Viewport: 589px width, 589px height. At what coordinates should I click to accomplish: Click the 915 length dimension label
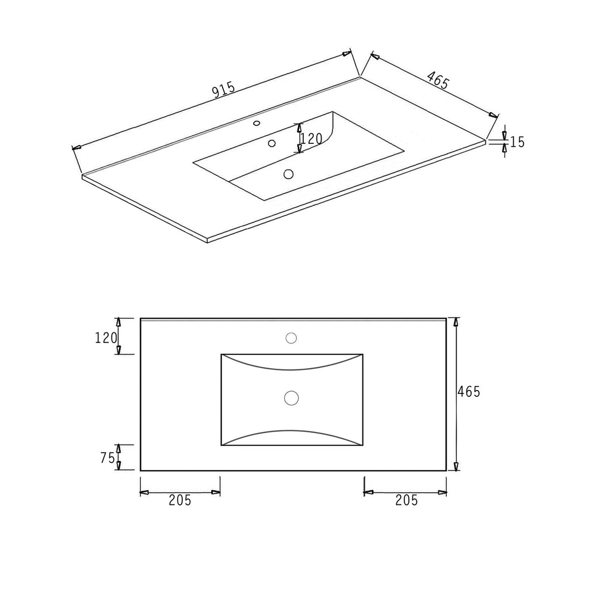(x=224, y=90)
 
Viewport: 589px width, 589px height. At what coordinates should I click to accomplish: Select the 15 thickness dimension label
(x=517, y=142)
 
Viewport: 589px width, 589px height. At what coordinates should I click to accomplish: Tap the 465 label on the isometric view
(x=438, y=81)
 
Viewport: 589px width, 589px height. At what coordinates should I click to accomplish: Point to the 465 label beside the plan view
(x=469, y=392)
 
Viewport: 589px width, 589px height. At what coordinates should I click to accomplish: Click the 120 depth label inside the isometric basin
(x=312, y=139)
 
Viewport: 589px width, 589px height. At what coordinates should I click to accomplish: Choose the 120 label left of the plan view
(x=106, y=338)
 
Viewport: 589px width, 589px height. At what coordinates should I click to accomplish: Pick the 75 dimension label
(x=108, y=457)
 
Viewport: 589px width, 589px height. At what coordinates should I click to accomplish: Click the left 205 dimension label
(x=180, y=500)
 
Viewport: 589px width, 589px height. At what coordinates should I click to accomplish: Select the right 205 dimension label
(x=407, y=500)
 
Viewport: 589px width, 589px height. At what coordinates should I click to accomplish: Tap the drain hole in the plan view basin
(x=292, y=398)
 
